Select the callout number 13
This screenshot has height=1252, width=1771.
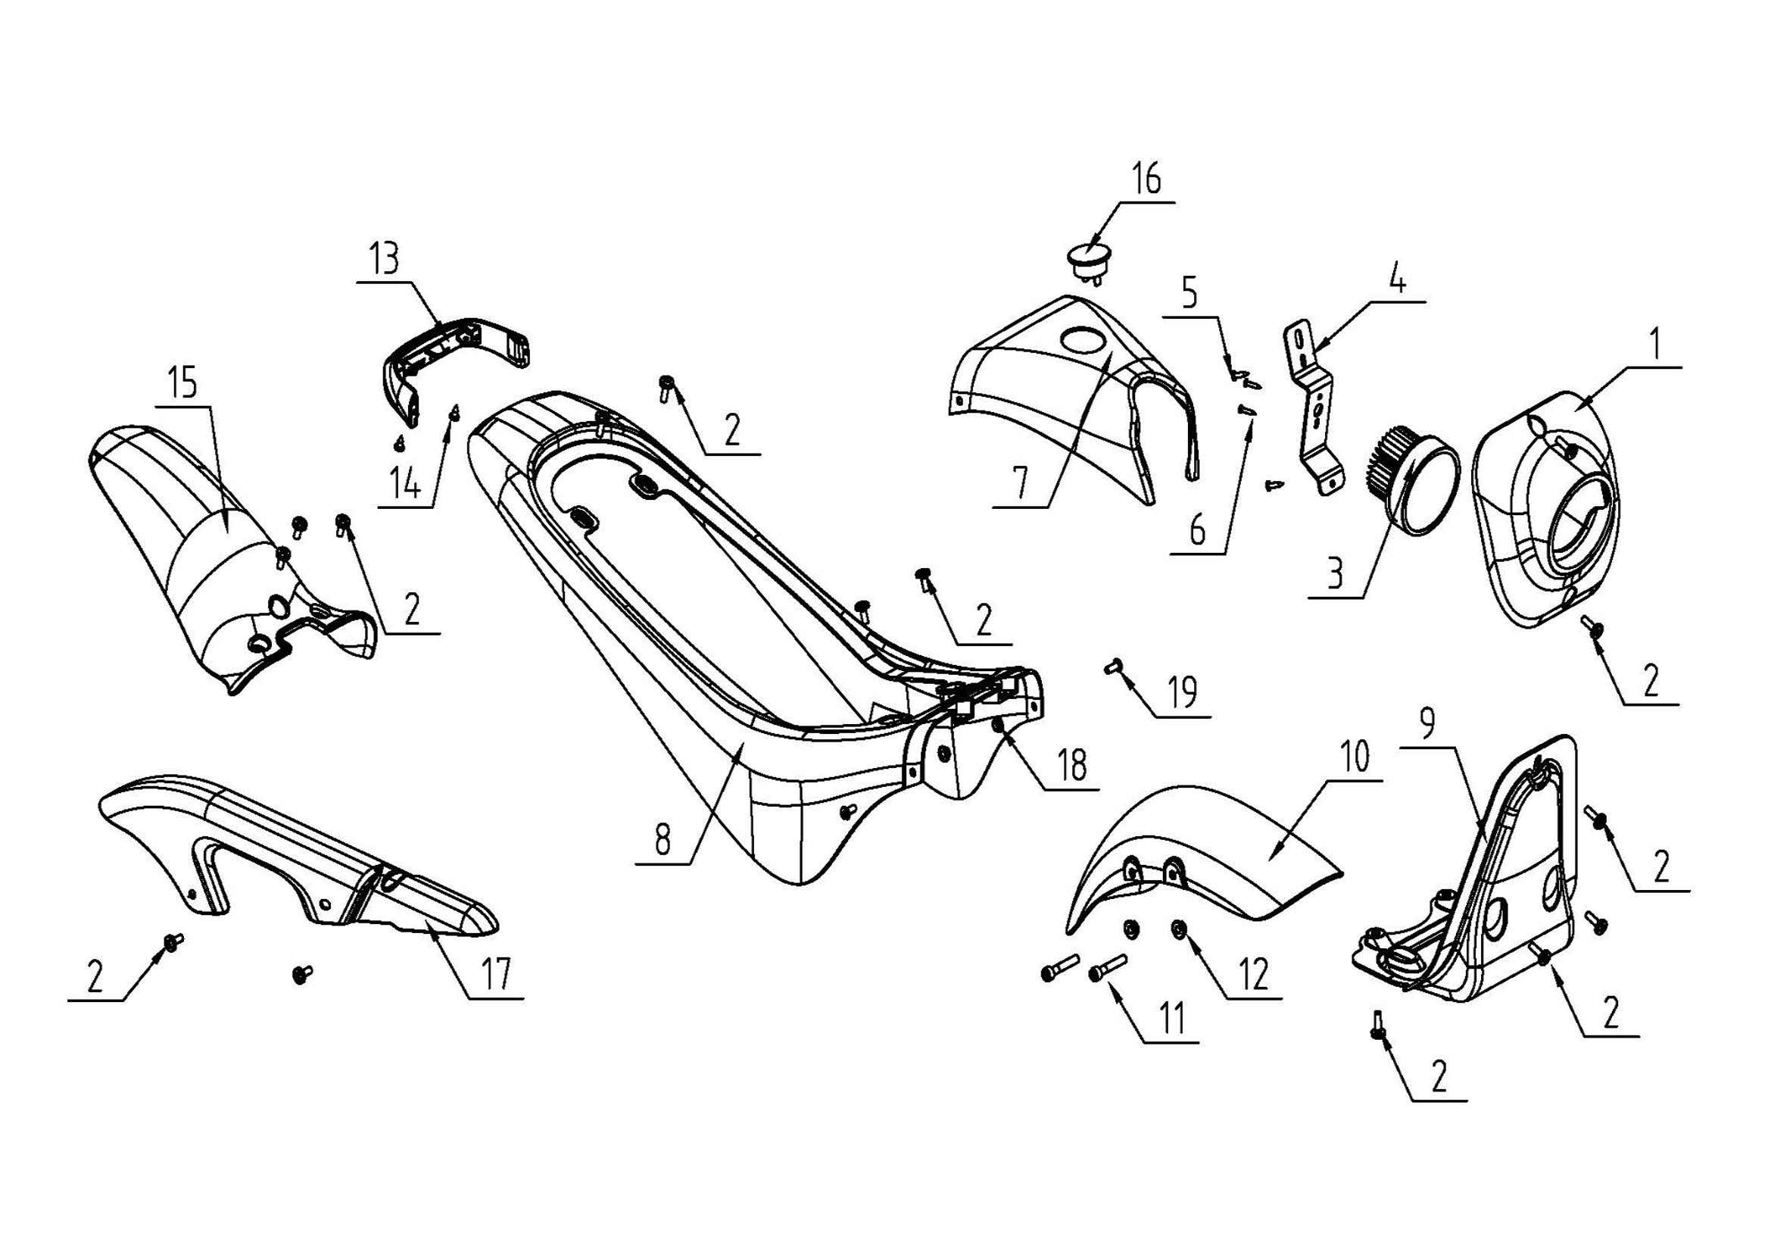(x=385, y=258)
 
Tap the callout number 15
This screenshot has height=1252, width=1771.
(x=183, y=382)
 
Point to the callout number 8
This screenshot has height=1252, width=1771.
(x=663, y=839)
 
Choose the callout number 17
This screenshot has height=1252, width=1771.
(x=496, y=973)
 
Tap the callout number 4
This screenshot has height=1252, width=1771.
(x=1397, y=277)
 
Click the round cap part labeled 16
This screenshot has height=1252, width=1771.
(x=1087, y=263)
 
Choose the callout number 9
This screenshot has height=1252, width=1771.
(x=1428, y=723)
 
